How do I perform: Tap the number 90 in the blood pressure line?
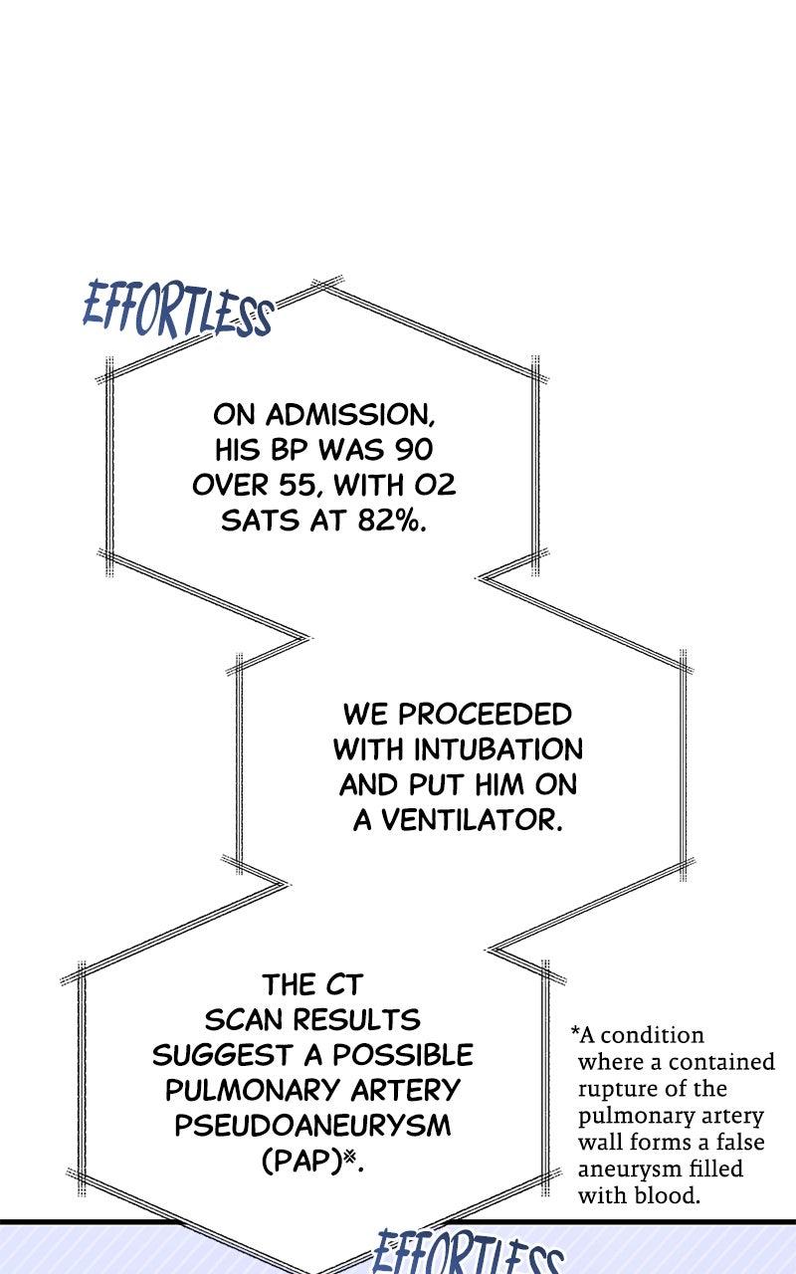[413, 450]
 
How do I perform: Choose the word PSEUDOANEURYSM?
[312, 1126]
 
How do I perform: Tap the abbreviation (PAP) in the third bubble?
[301, 1162]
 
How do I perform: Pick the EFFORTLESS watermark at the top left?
[177, 310]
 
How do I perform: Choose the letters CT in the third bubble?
[338, 985]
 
